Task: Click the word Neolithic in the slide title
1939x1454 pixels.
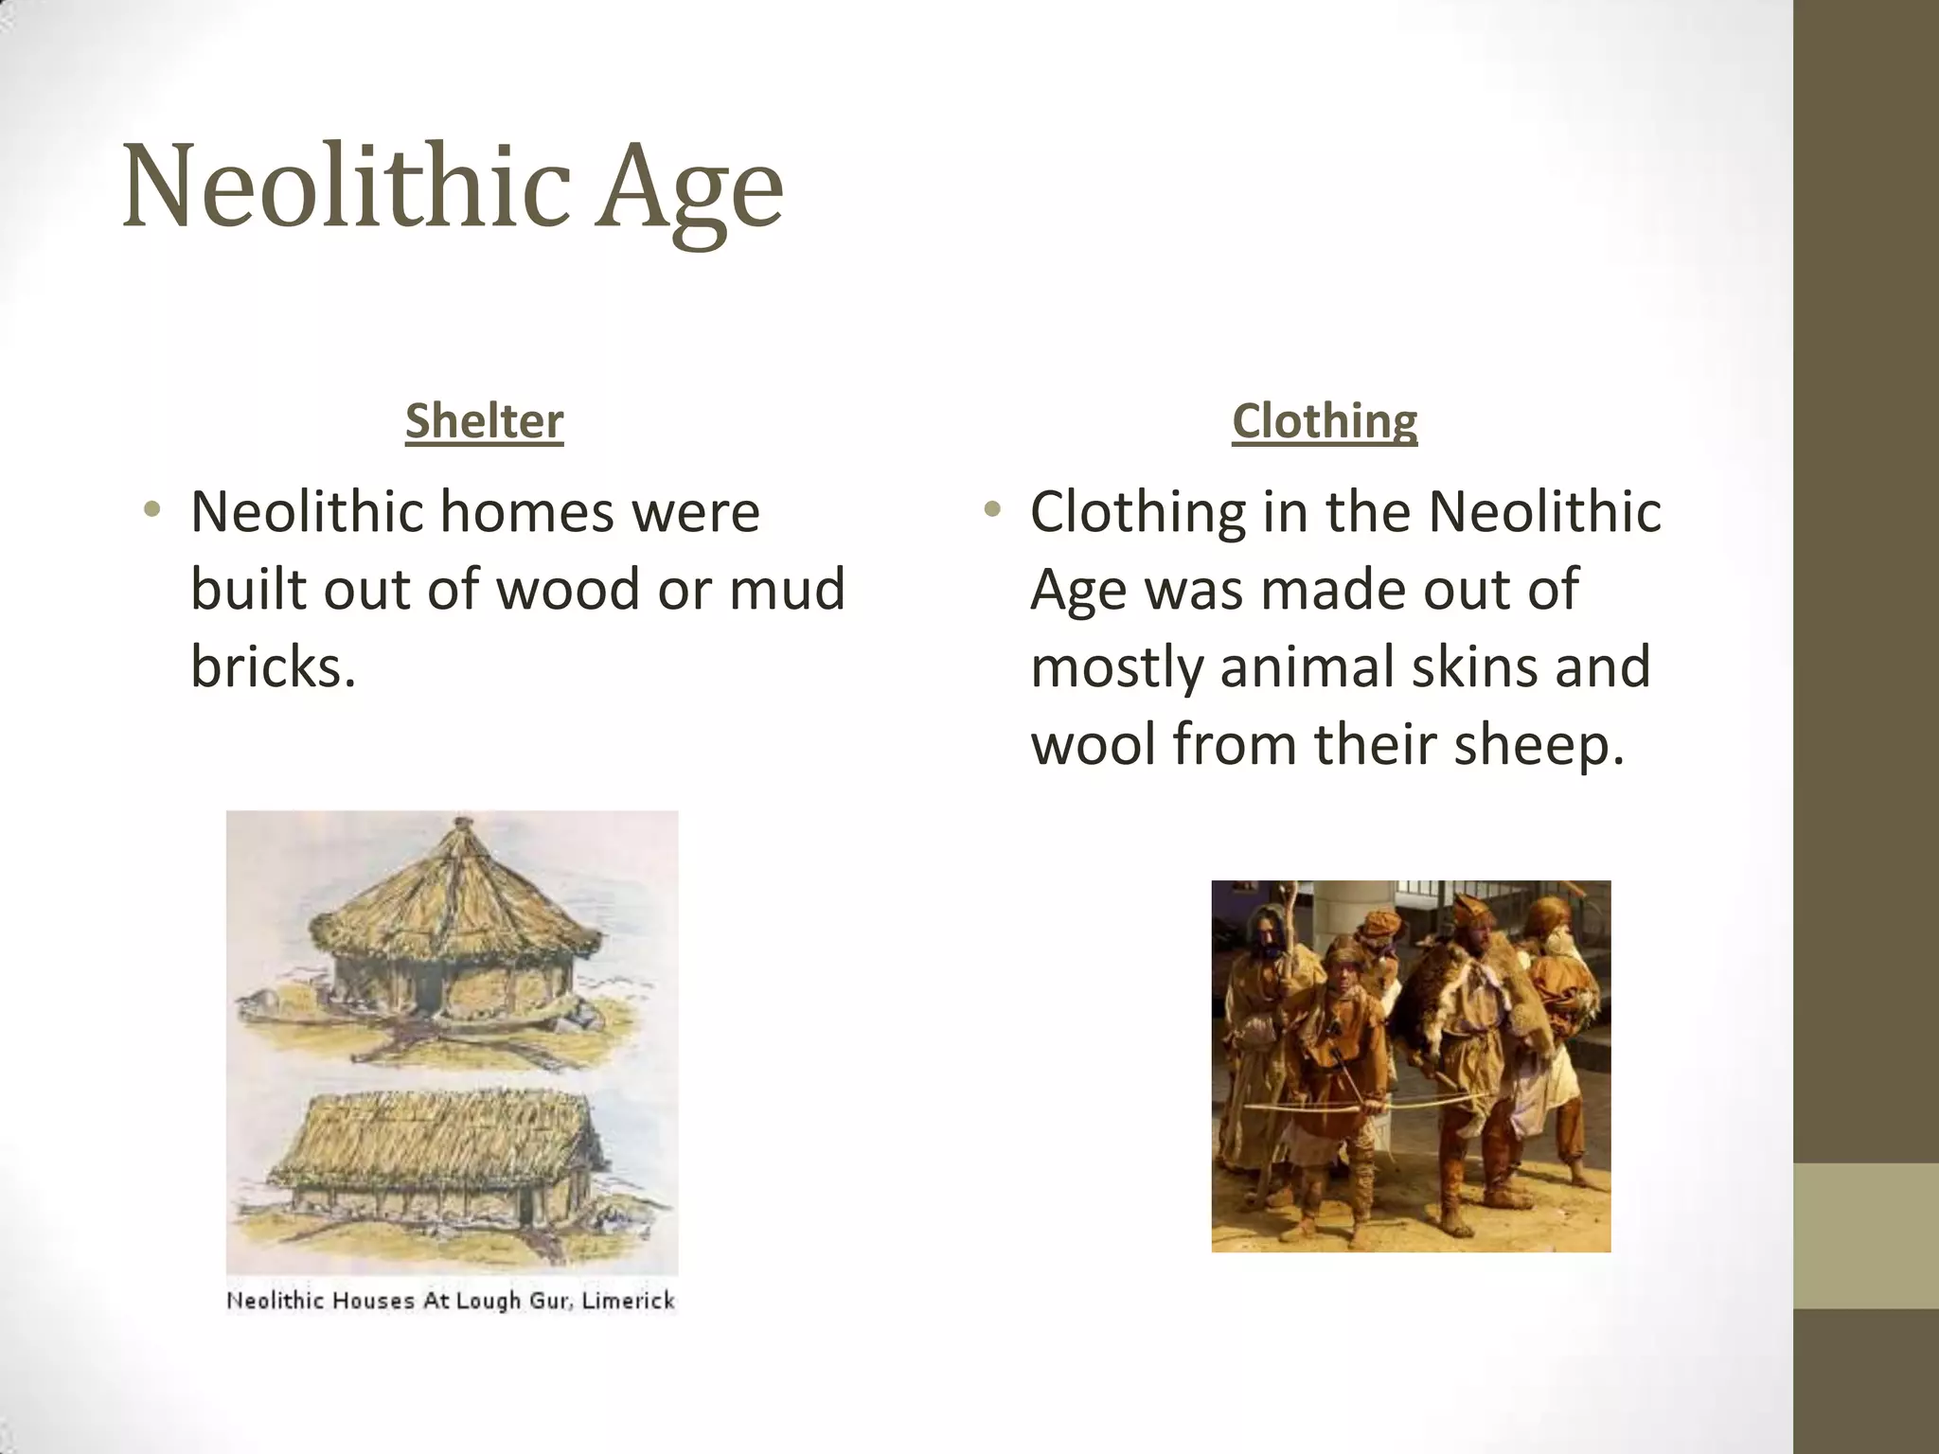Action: pos(347,186)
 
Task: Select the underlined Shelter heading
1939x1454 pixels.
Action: pos(484,421)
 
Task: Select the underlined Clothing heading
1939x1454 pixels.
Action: pos(1325,421)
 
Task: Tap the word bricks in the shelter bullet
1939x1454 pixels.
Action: pos(273,666)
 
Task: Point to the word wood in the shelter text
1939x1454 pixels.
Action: pos(568,589)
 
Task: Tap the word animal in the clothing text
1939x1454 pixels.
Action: pos(1307,666)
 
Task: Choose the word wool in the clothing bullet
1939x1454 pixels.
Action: pos(1093,744)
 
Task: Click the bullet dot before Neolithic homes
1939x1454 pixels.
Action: pos(151,511)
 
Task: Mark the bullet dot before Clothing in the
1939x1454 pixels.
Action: pos(991,511)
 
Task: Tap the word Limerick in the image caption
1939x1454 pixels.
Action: pos(628,1301)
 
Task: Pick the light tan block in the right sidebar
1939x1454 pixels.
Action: pos(1866,1235)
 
